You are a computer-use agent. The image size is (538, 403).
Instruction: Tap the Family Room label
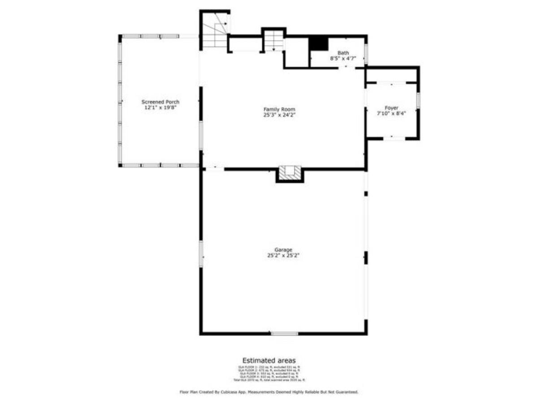pos(279,109)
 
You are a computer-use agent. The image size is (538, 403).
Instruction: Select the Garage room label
pos(283,250)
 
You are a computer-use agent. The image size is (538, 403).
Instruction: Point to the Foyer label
pos(391,108)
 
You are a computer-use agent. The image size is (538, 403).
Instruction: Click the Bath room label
pos(343,53)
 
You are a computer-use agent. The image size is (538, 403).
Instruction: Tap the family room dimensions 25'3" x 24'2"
pos(279,115)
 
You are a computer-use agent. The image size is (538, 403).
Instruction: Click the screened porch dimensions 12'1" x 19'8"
pos(161,108)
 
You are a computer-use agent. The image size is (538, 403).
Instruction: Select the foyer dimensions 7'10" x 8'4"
pos(391,114)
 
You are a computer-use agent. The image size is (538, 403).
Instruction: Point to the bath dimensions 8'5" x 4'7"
pos(343,58)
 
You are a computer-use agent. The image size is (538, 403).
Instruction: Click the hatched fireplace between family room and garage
pos(290,173)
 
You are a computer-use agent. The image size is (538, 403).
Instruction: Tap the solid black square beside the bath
pos(319,43)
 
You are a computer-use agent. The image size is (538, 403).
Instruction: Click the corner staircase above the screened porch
pos(214,30)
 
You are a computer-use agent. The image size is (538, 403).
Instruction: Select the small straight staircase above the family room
pos(273,40)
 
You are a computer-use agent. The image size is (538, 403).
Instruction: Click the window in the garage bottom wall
pos(284,334)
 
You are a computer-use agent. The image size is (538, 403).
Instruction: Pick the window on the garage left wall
pos(201,254)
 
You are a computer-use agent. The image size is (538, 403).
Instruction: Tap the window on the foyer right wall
pos(418,100)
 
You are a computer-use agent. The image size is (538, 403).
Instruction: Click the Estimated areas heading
pos(269,360)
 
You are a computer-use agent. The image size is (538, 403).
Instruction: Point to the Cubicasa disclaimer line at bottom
pos(269,392)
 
